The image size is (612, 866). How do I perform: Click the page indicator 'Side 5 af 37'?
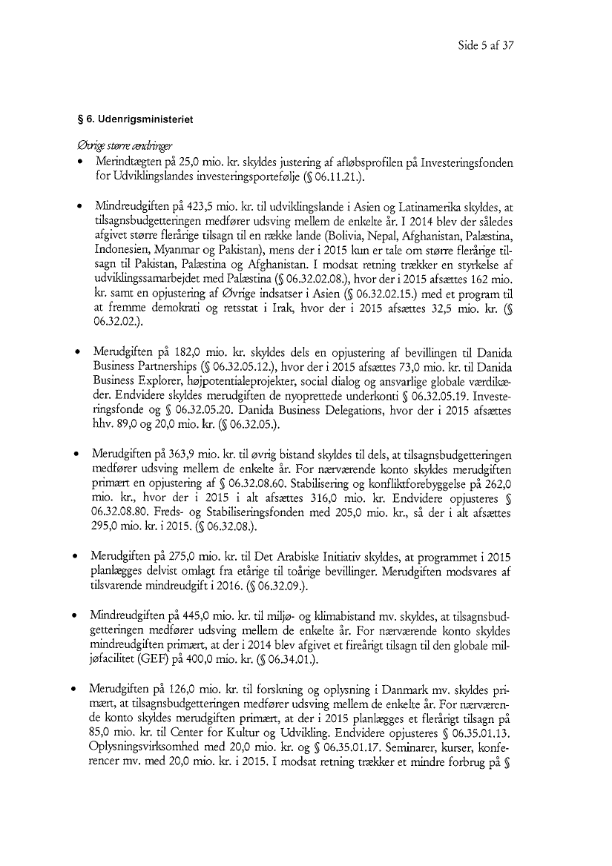click(x=485, y=45)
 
